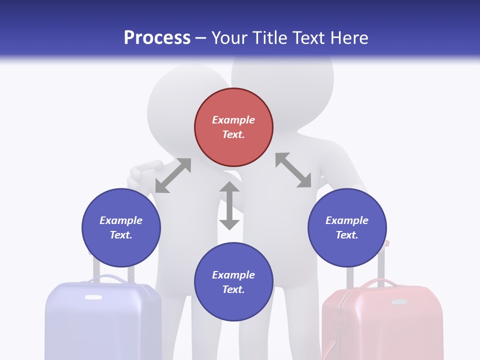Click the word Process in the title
click(x=157, y=38)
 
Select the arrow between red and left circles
click(x=173, y=175)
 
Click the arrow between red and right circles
click(x=293, y=170)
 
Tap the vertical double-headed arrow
click(x=229, y=205)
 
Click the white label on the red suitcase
click(x=398, y=302)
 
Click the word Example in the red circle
click(x=233, y=120)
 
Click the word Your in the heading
click(x=228, y=38)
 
